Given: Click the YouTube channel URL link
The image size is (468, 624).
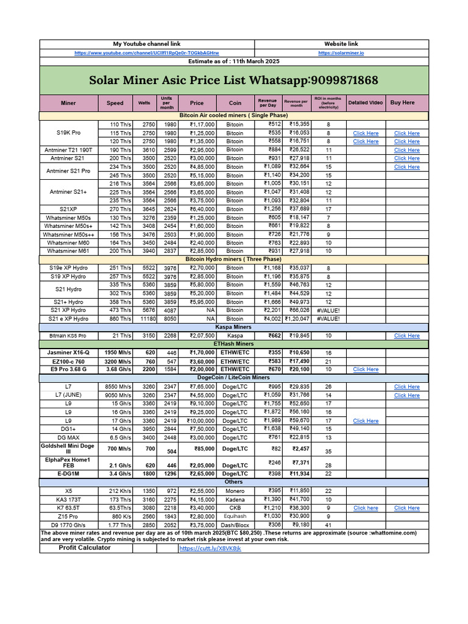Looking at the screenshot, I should point(146,53).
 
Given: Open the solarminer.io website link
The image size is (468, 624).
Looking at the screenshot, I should point(341,53).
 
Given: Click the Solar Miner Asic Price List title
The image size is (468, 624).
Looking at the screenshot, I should point(233,80).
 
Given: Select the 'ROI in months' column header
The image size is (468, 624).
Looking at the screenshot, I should point(328,103).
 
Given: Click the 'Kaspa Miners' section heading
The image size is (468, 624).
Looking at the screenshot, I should point(233,327).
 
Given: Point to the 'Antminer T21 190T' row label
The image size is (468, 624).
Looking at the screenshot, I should point(69,150).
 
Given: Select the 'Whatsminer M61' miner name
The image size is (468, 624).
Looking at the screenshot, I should point(69,251).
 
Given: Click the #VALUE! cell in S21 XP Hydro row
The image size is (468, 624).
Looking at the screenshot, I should point(328,310).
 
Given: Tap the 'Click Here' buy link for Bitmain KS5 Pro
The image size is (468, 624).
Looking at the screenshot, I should point(406,336).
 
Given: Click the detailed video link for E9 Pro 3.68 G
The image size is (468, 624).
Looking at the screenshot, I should point(366,369).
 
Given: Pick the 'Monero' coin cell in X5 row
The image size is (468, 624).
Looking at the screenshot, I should point(235,491).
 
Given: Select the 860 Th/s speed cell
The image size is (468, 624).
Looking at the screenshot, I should point(120,319).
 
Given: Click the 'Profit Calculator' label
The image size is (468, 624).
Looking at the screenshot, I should point(85,548).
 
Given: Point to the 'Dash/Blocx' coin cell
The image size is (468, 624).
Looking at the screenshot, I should point(235,525).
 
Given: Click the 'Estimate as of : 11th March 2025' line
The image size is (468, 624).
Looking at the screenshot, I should point(233,62).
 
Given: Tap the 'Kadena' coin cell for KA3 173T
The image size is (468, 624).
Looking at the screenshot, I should point(235,499).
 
